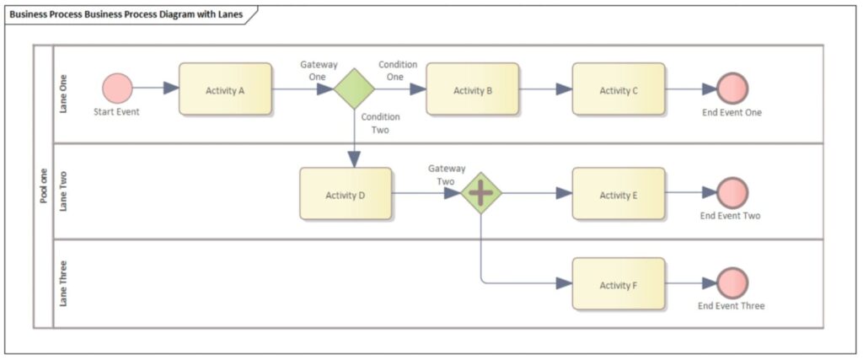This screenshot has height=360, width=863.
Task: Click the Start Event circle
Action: [117, 89]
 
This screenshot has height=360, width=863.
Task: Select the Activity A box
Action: [225, 89]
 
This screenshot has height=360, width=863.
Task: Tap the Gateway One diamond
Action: [353, 89]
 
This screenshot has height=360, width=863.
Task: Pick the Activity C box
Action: [619, 89]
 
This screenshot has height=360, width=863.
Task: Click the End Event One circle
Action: [732, 89]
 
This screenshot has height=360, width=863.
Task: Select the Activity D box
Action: [346, 194]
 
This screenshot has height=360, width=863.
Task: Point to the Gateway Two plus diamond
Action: [480, 193]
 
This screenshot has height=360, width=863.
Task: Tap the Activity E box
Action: [619, 194]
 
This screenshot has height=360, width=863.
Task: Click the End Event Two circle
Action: [732, 193]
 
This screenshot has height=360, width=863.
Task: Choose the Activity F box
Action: [619, 284]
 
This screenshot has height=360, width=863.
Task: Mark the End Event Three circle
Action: [732, 284]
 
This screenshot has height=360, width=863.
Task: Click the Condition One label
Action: [397, 71]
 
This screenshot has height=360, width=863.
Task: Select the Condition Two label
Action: [380, 124]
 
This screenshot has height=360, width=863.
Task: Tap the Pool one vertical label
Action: [43, 185]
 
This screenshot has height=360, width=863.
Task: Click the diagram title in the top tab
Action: [126, 14]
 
